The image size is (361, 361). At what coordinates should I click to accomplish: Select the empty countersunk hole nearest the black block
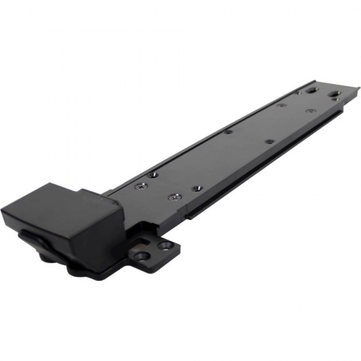click(152, 175)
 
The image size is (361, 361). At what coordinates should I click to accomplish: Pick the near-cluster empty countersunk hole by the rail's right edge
click(197, 188)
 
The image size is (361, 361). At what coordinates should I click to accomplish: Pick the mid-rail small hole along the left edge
click(227, 131)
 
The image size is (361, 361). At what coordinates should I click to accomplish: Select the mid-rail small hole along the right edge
click(268, 141)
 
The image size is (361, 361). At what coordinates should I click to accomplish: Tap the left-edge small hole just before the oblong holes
click(281, 104)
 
